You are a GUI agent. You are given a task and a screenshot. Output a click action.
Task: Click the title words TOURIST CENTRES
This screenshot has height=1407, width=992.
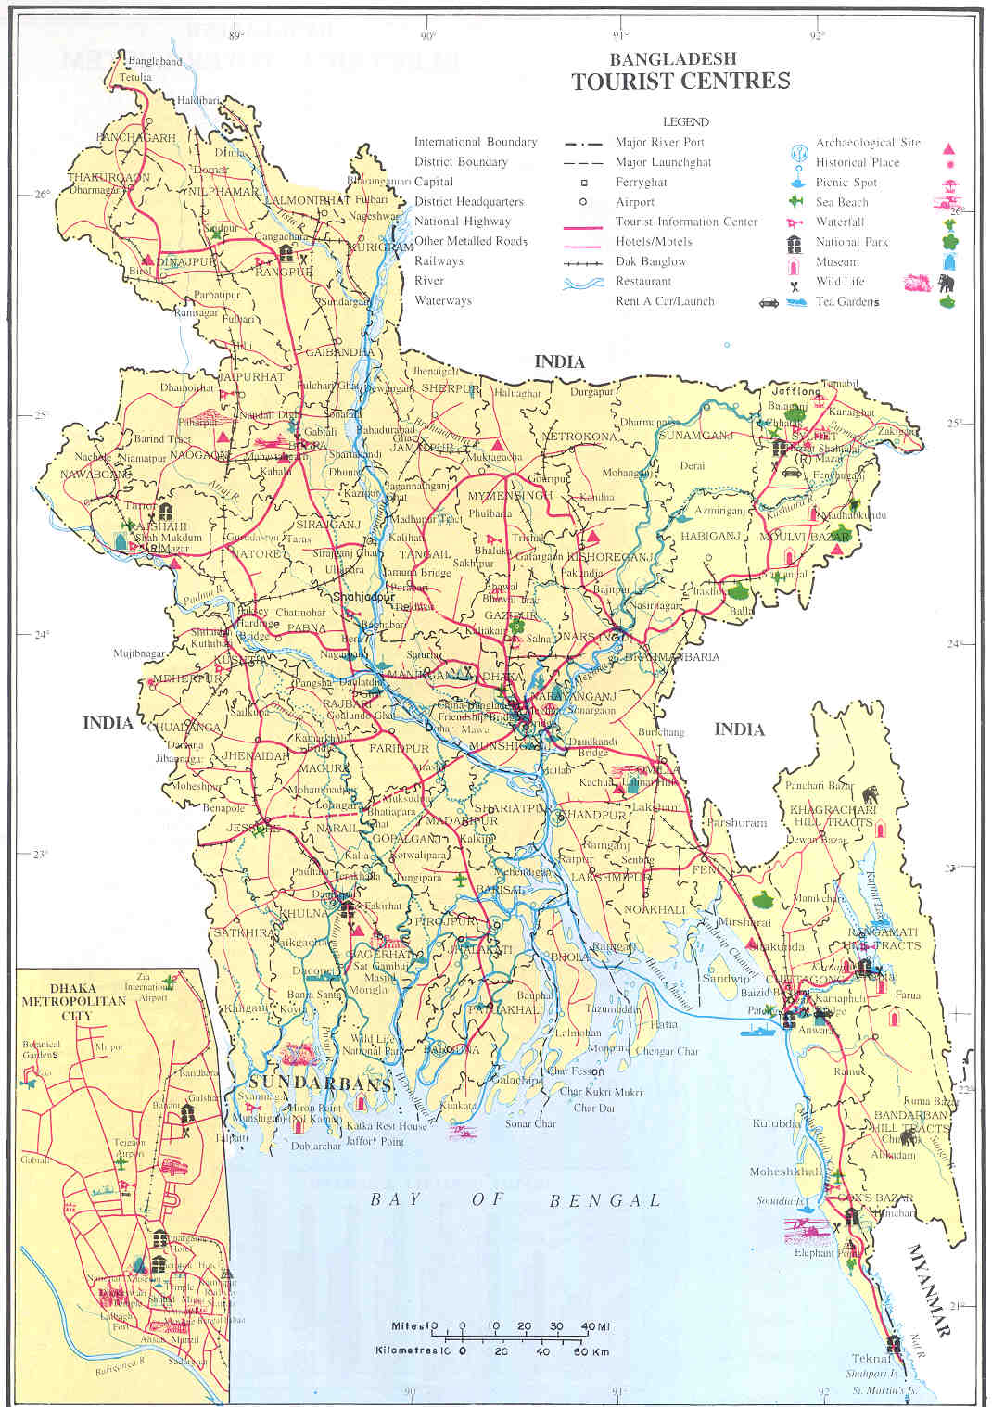point(680,82)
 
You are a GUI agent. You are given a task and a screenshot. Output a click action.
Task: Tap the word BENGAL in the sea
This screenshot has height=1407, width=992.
point(604,1200)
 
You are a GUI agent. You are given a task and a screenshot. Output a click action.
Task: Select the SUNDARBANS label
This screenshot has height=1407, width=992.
point(320,1084)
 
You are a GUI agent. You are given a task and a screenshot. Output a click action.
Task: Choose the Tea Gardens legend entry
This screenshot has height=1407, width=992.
point(847,301)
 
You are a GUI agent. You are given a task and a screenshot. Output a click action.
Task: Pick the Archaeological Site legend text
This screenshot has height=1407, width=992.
point(868,143)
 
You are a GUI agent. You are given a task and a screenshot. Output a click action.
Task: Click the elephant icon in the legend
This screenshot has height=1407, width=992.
point(946,283)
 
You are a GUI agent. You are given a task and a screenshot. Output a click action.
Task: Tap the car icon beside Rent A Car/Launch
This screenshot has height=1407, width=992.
point(769,301)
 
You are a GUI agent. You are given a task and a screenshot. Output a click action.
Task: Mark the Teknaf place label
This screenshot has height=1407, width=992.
point(871,1358)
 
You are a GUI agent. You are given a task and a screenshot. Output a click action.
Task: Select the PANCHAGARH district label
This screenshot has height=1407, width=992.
point(135,138)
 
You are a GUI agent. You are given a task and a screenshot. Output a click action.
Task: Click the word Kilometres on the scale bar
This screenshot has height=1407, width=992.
point(406,1350)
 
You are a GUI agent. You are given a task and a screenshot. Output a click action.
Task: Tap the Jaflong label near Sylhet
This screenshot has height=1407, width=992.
point(796,391)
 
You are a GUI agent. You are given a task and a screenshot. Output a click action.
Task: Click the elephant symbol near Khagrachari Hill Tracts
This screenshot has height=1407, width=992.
point(870,794)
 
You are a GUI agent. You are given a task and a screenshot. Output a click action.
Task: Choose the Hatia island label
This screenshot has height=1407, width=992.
point(663,1024)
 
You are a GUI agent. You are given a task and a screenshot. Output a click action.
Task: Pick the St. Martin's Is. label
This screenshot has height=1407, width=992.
point(884,1391)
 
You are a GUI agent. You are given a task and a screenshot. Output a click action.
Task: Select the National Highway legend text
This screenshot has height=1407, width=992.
point(462,222)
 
